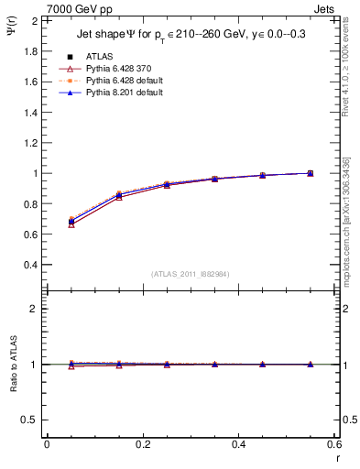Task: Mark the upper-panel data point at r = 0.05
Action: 71,222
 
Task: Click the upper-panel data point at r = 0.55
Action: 311,173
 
